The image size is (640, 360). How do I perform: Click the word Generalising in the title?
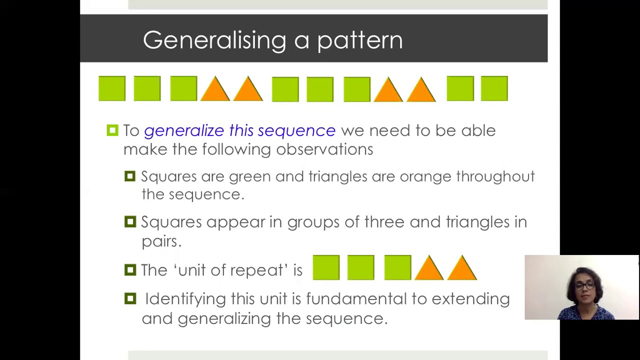pyautogui.click(x=214, y=40)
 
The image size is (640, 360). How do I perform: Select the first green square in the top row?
pyautogui.click(x=112, y=88)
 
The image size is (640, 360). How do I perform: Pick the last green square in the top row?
pyautogui.click(x=494, y=88)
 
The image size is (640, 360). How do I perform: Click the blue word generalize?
pyautogui.click(x=184, y=131)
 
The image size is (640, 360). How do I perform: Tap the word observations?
pyautogui.click(x=324, y=149)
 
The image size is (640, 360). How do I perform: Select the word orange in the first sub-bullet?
pyautogui.click(x=425, y=177)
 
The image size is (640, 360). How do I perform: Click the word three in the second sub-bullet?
pyautogui.click(x=384, y=222)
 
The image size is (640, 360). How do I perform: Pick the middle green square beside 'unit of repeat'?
pyautogui.click(x=360, y=267)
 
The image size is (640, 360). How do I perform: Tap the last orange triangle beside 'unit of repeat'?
pyautogui.click(x=462, y=269)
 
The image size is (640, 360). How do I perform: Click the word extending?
pyautogui.click(x=470, y=299)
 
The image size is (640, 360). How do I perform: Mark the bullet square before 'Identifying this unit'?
pyautogui.click(x=130, y=298)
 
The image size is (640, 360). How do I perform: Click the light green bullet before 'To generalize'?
pyautogui.click(x=112, y=130)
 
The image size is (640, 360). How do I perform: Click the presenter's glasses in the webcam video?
pyautogui.click(x=583, y=285)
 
